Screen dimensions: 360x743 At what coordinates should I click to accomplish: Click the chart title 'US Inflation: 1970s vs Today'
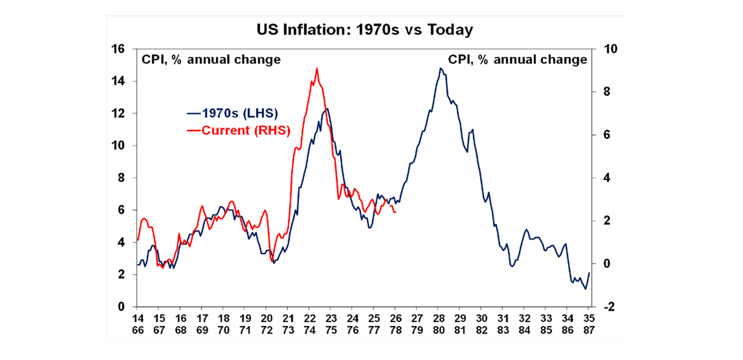[364, 30]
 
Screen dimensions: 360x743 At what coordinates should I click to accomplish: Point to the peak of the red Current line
[316, 68]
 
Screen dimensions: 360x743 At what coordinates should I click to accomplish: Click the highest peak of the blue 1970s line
[440, 68]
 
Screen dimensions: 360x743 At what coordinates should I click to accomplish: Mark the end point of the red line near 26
[396, 212]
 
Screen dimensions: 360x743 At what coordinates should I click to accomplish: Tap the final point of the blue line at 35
[589, 273]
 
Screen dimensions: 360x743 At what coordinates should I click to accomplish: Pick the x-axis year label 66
[137, 330]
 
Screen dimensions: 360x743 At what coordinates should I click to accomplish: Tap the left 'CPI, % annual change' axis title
[210, 60]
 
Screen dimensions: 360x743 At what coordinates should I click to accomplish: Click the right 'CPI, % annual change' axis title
[517, 60]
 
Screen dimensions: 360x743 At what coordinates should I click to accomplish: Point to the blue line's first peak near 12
[327, 108]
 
